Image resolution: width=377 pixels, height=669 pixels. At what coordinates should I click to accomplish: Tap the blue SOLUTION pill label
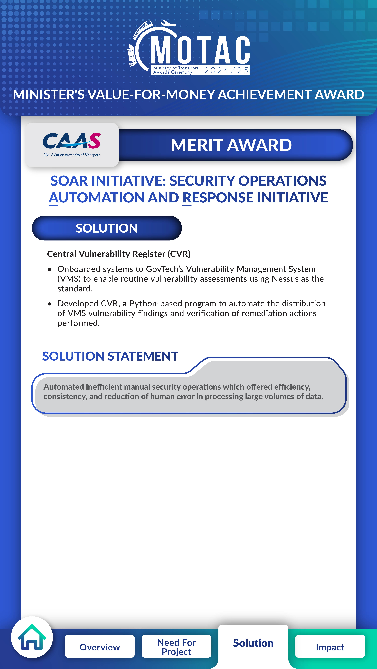point(107,228)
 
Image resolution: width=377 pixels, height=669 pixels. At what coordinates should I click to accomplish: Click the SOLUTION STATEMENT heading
point(110,356)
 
